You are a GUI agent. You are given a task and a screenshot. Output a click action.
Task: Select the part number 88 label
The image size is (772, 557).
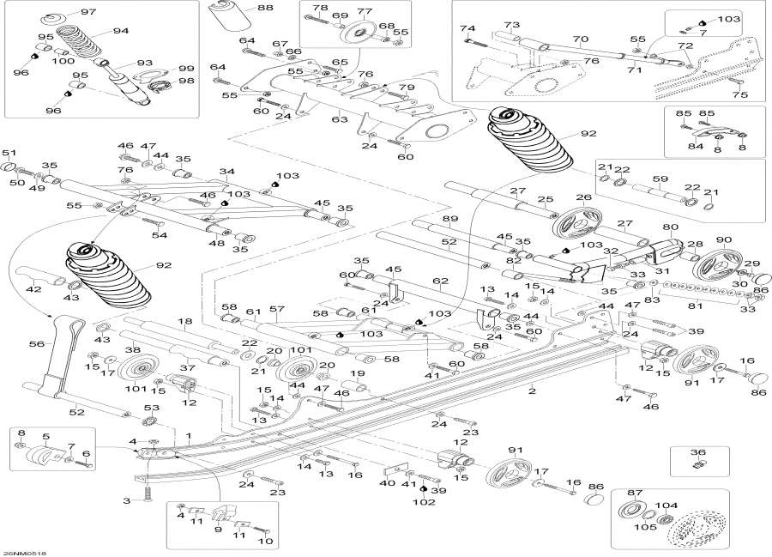pos(264,8)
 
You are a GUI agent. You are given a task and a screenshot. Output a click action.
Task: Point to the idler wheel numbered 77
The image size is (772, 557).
pos(357,35)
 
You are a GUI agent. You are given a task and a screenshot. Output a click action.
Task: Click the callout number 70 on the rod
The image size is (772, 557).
pos(581,39)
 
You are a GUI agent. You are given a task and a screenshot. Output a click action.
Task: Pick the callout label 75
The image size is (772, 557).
pos(740,94)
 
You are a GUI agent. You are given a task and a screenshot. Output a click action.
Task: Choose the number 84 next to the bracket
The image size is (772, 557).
pos(696,146)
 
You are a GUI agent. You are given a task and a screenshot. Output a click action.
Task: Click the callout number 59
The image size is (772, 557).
pos(660,179)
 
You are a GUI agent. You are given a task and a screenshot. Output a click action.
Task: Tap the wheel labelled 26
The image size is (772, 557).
pos(576,224)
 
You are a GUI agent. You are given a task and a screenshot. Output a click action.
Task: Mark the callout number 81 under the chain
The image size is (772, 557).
pos(695,306)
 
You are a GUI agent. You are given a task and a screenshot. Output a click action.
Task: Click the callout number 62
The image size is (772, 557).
pos(441,282)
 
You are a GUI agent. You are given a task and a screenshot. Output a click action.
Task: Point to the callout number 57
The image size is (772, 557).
pos(277,309)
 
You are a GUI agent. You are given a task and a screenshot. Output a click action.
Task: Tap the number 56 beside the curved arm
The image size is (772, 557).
pos(37,344)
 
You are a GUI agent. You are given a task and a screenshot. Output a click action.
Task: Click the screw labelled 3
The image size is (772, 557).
pos(147,493)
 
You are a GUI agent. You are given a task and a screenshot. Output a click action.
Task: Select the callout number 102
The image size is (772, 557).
pos(424,502)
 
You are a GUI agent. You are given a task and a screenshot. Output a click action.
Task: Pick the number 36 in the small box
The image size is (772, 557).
pos(698,452)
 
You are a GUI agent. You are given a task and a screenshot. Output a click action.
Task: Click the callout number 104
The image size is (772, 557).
pos(666,505)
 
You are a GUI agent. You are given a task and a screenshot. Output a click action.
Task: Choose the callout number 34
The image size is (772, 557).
pos(227,172)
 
